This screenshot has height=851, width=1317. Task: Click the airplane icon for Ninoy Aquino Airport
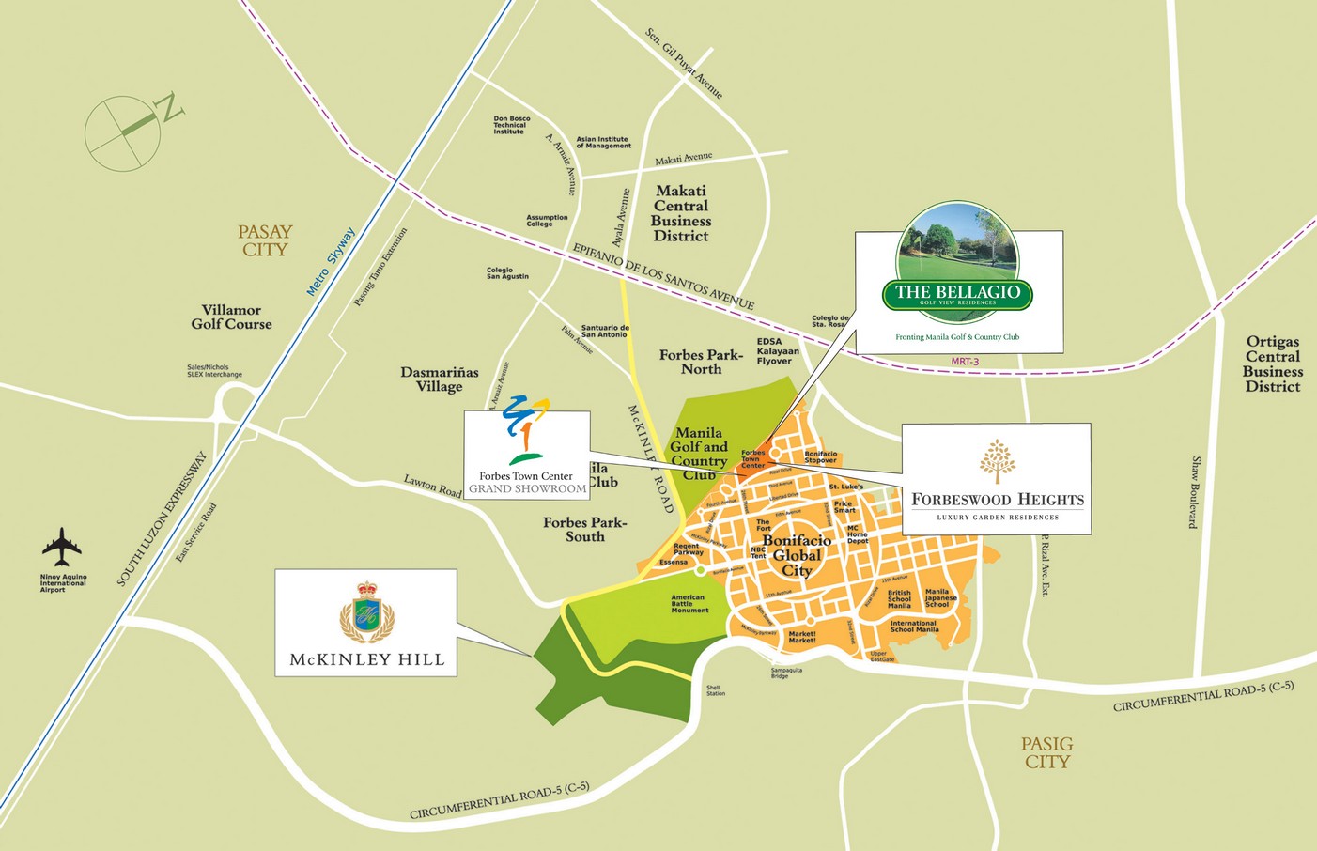(62, 547)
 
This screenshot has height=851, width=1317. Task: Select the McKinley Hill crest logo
(366, 611)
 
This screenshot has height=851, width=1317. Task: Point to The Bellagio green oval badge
(957, 294)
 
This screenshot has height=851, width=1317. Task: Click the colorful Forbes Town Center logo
(526, 431)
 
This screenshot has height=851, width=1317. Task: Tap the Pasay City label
(266, 240)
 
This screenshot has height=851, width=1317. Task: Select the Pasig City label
(1046, 752)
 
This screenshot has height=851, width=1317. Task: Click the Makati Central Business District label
(681, 213)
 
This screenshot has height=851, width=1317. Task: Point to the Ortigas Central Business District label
(1272, 364)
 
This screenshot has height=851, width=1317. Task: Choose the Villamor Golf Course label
(231, 317)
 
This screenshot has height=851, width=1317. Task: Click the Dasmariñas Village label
(439, 379)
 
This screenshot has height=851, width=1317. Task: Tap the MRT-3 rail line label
(965, 361)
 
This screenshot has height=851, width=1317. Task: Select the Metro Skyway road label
(331, 262)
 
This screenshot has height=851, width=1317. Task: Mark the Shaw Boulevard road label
(1195, 492)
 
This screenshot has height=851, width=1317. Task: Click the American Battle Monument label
(689, 603)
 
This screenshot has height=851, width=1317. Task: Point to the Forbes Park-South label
(584, 529)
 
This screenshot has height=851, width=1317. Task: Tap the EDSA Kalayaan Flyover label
(777, 351)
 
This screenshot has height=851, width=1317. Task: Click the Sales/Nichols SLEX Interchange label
(214, 371)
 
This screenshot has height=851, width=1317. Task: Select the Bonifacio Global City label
(797, 555)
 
